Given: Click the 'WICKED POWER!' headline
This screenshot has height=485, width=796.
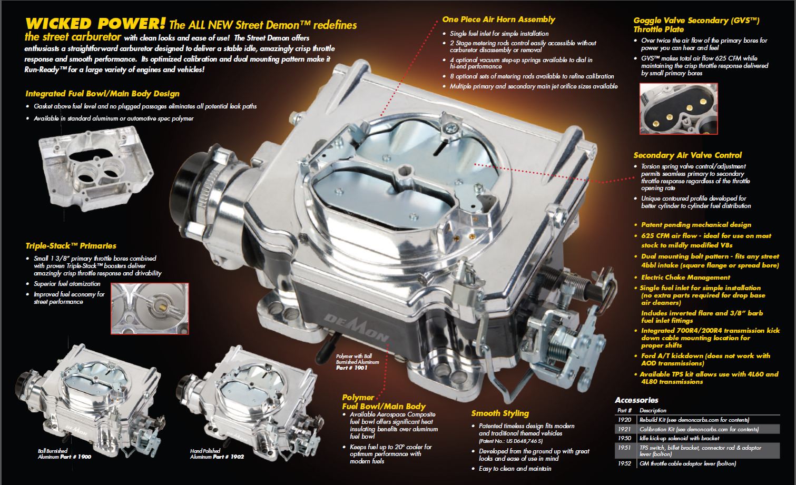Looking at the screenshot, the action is tap(95, 24).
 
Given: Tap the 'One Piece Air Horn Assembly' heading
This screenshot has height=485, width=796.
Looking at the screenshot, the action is tap(498, 19).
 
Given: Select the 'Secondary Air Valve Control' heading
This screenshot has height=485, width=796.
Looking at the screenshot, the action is tap(687, 155).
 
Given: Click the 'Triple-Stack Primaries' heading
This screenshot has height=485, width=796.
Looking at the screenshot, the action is tap(71, 245).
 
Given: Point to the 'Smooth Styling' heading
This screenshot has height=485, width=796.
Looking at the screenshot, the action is tap(500, 413).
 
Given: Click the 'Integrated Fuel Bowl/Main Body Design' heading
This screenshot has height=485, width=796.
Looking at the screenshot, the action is tap(102, 94).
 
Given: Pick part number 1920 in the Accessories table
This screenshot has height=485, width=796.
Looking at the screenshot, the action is tap(624, 420).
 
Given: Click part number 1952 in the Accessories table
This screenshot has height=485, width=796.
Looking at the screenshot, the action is tap(624, 463).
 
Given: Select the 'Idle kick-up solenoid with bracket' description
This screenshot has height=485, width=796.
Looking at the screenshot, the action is tap(679, 439).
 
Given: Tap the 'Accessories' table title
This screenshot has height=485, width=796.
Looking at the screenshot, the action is tap(636, 400).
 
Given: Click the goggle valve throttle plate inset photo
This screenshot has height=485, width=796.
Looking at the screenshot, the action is tap(679, 108).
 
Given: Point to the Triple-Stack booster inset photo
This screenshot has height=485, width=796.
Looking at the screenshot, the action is tap(150, 309).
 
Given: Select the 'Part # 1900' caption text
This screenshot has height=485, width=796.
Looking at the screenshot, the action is tap(75, 457).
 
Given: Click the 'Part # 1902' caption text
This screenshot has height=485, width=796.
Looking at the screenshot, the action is tap(228, 457).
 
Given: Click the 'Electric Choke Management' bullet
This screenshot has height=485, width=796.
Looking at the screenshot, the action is tap(685, 278).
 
